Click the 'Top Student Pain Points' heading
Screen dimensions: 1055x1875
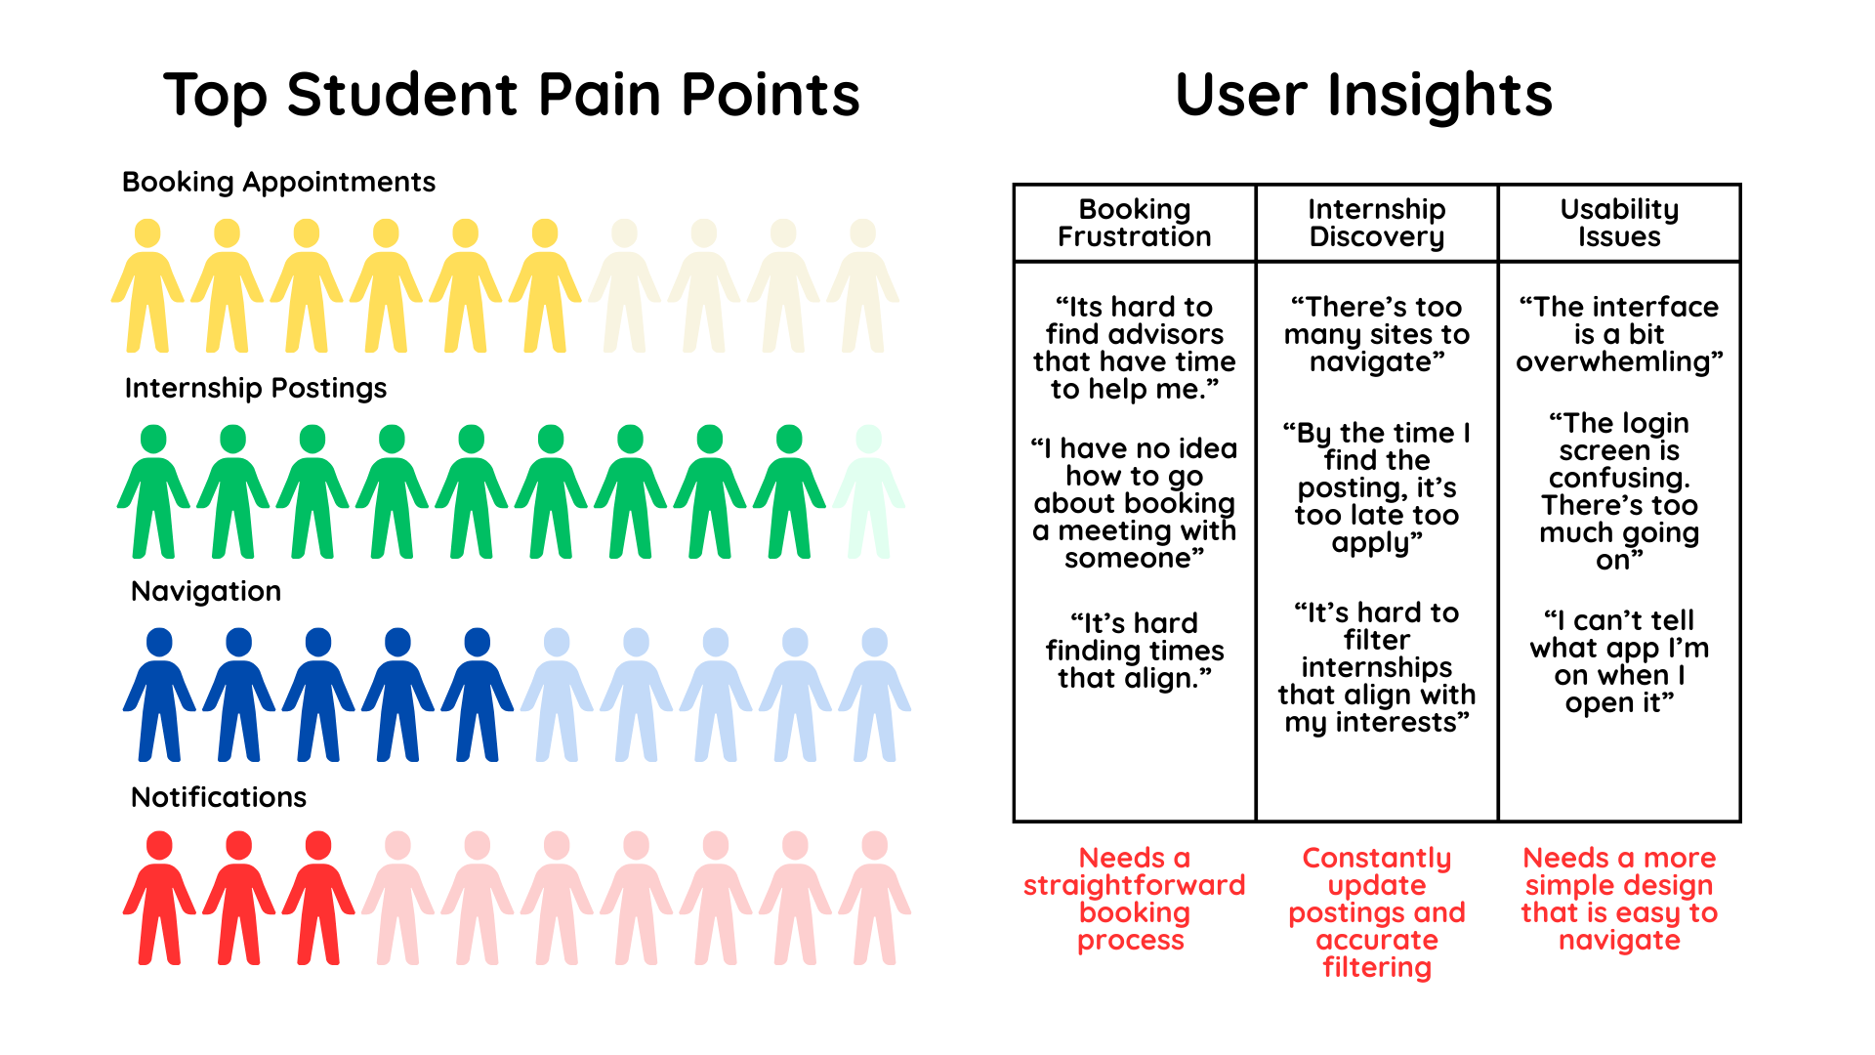coord(511,95)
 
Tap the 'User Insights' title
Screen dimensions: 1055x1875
coord(1363,95)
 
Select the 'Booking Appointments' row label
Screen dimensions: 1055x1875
coord(278,182)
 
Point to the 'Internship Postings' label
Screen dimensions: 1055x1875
coord(256,388)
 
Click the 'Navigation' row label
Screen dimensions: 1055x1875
coord(206,591)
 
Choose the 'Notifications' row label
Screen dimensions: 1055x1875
coord(219,797)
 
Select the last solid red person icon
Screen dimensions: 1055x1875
coord(318,899)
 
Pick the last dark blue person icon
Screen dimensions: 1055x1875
coord(478,695)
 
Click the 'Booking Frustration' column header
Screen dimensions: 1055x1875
coord(1134,223)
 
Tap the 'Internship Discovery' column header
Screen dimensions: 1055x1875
coord(1376,223)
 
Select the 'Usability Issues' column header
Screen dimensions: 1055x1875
coord(1618,223)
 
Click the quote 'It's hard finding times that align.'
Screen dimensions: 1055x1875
coord(1134,651)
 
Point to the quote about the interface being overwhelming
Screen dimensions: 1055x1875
coord(1618,334)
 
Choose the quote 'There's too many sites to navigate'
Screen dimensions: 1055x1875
coord(1376,334)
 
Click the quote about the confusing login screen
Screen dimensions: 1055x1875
coord(1618,490)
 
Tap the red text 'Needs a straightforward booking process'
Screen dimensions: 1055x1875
coord(1134,899)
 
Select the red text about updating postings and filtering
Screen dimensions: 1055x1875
coord(1376,912)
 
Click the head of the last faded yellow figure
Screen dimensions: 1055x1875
coord(862,233)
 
